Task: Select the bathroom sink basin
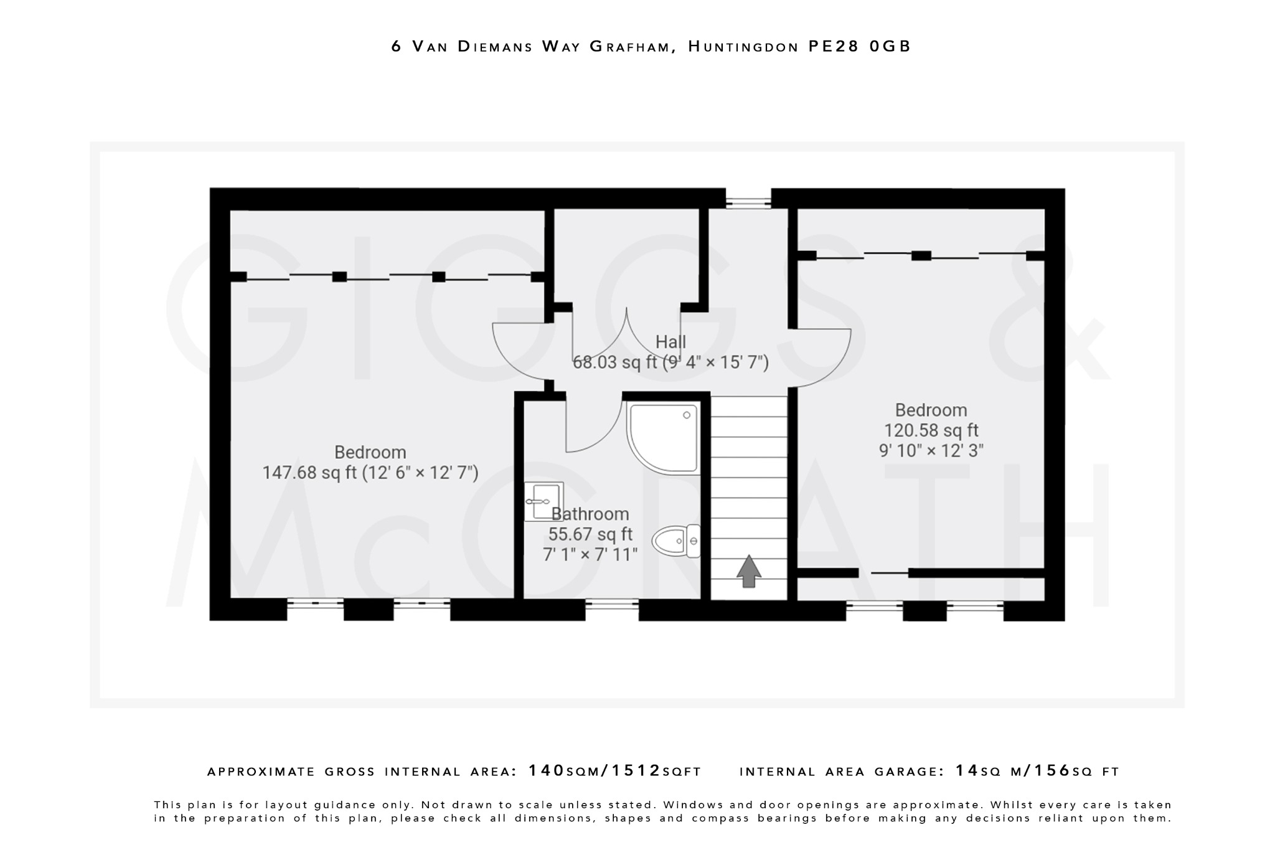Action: pos(543,501)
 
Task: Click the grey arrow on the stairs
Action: pos(749,570)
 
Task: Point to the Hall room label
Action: pos(670,342)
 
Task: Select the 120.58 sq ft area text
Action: pos(931,430)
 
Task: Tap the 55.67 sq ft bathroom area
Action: pos(590,534)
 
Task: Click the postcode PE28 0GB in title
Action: pos(859,47)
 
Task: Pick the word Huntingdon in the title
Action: pos(743,47)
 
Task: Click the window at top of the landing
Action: pos(748,202)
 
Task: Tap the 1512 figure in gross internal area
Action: pos(636,771)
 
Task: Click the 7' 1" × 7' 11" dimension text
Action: pos(590,554)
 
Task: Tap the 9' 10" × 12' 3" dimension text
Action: pos(931,450)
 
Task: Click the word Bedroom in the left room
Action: pos(370,452)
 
